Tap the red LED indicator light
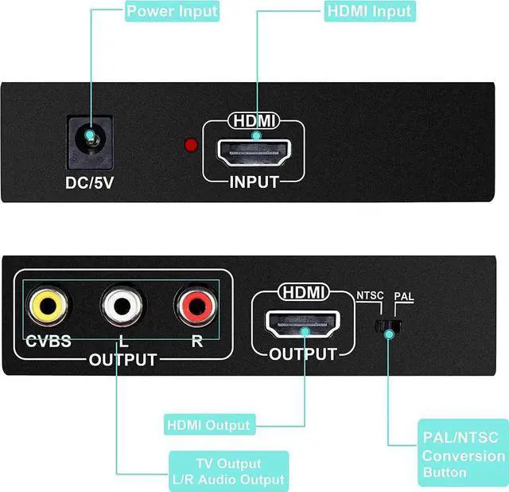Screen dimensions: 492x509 [x=190, y=146]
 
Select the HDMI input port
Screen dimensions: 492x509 [x=254, y=149]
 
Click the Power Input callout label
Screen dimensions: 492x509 [x=172, y=12]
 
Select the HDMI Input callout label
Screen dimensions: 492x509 [x=369, y=11]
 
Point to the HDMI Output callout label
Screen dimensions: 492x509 [x=208, y=425]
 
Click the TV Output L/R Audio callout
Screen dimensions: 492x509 [x=227, y=471]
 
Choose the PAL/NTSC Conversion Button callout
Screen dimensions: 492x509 [x=463, y=455]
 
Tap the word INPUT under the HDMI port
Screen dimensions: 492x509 [x=254, y=182]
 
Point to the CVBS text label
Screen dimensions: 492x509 [x=48, y=342]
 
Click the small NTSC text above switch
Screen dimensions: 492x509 [x=370, y=296]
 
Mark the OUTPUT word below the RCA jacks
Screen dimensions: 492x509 [x=122, y=361]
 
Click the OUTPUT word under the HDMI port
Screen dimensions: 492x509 [x=303, y=354]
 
